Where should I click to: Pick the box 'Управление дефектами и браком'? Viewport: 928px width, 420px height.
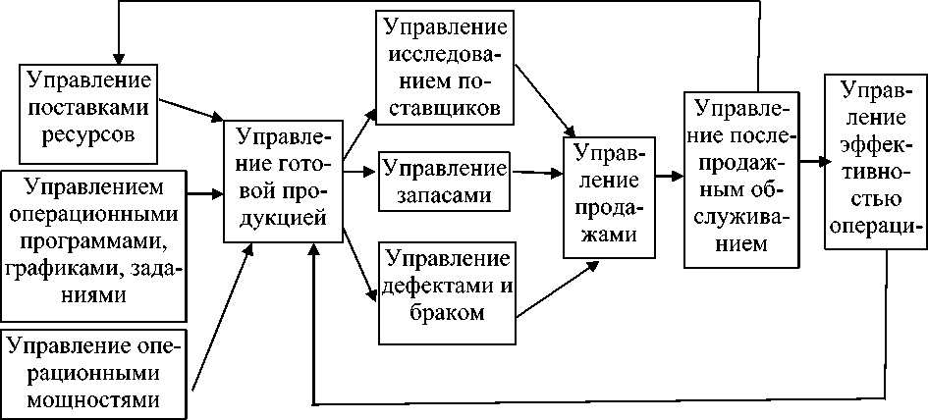(x=445, y=287)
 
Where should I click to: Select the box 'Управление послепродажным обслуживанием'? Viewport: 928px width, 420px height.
(x=740, y=178)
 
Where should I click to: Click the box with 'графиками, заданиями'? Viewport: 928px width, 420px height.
(x=95, y=244)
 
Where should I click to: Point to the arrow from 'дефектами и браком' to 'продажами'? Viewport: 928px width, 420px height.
(x=555, y=290)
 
